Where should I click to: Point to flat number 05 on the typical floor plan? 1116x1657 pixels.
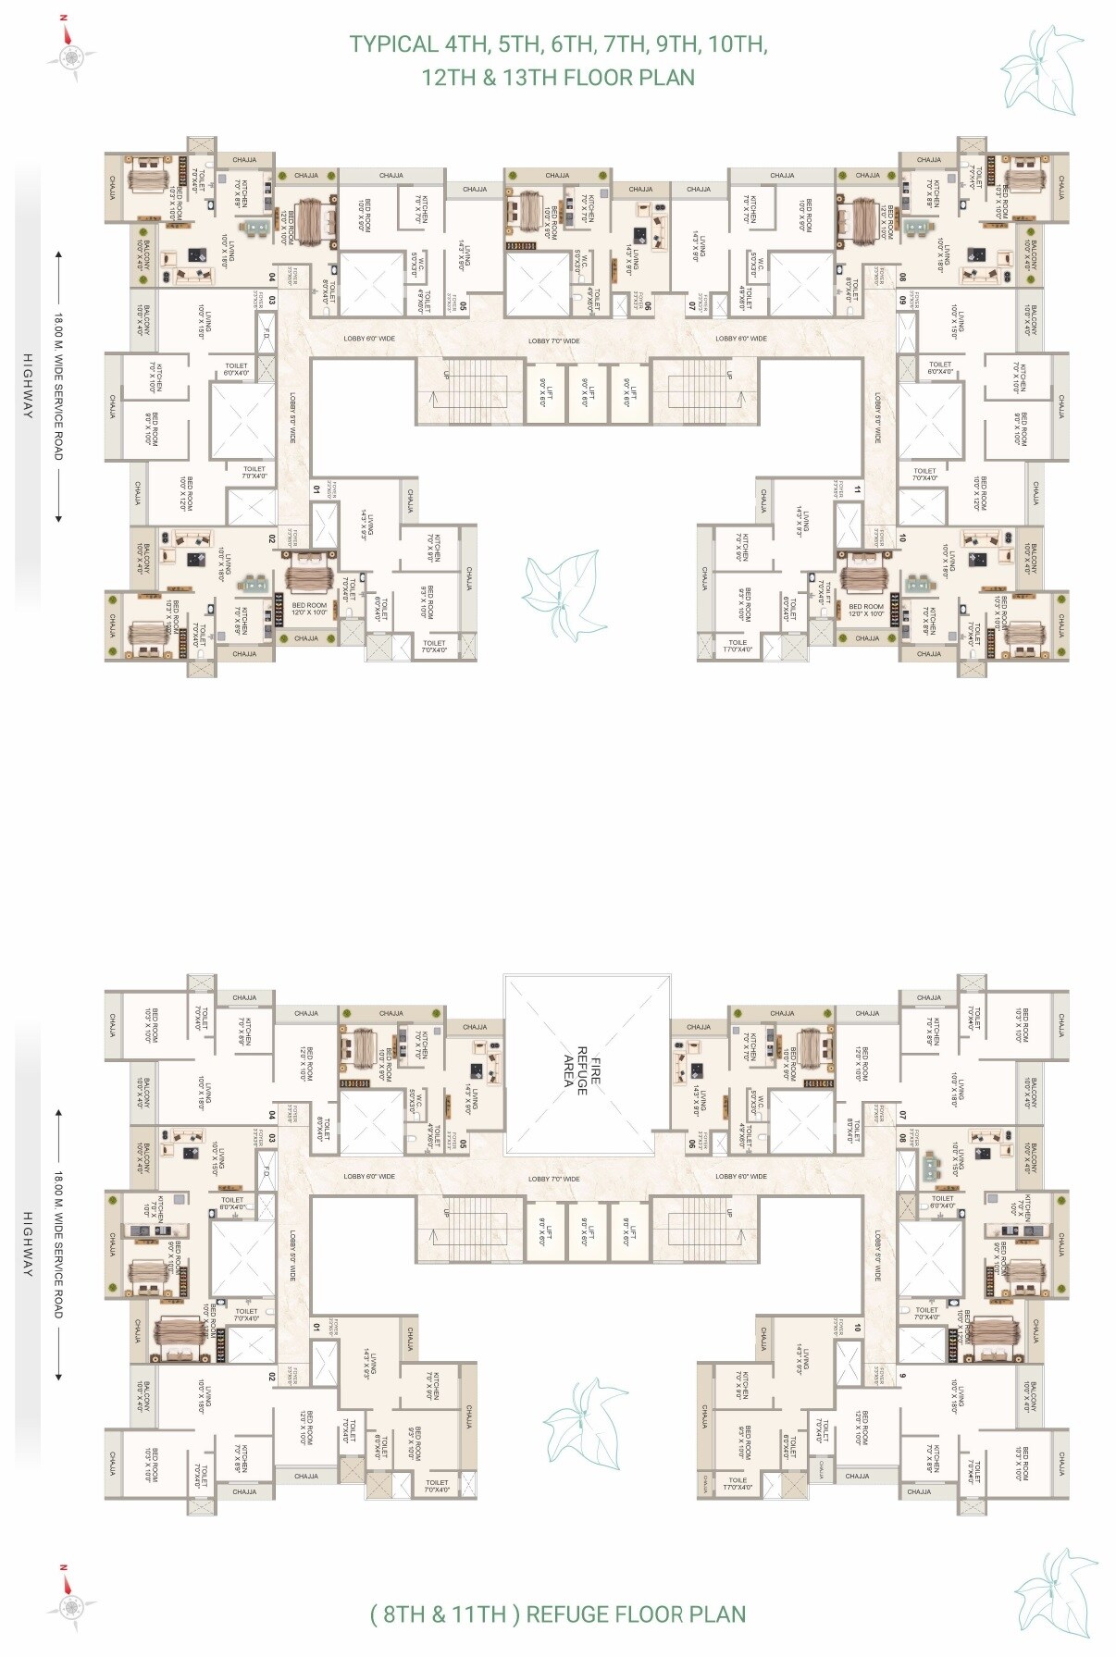tap(463, 303)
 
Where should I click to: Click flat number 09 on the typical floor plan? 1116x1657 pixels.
tap(902, 301)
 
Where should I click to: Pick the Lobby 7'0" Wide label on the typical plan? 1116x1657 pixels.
tap(554, 340)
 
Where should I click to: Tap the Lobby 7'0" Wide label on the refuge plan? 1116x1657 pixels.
tap(554, 1179)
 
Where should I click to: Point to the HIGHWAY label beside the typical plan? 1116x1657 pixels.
tap(28, 386)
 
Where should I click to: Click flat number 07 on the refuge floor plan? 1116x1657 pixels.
tap(902, 1116)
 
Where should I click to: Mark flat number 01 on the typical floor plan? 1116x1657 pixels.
tap(316, 488)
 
